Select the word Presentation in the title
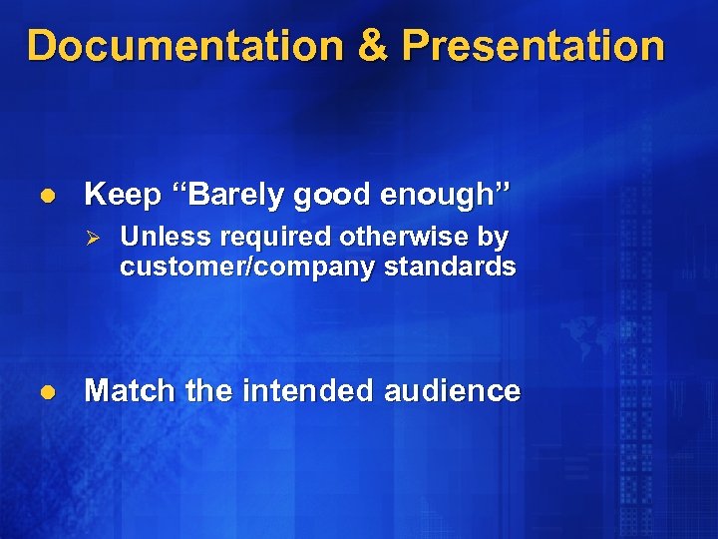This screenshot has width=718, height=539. click(533, 46)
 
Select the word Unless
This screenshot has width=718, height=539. click(160, 239)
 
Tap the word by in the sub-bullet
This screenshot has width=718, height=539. click(494, 239)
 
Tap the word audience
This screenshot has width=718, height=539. click(459, 390)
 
